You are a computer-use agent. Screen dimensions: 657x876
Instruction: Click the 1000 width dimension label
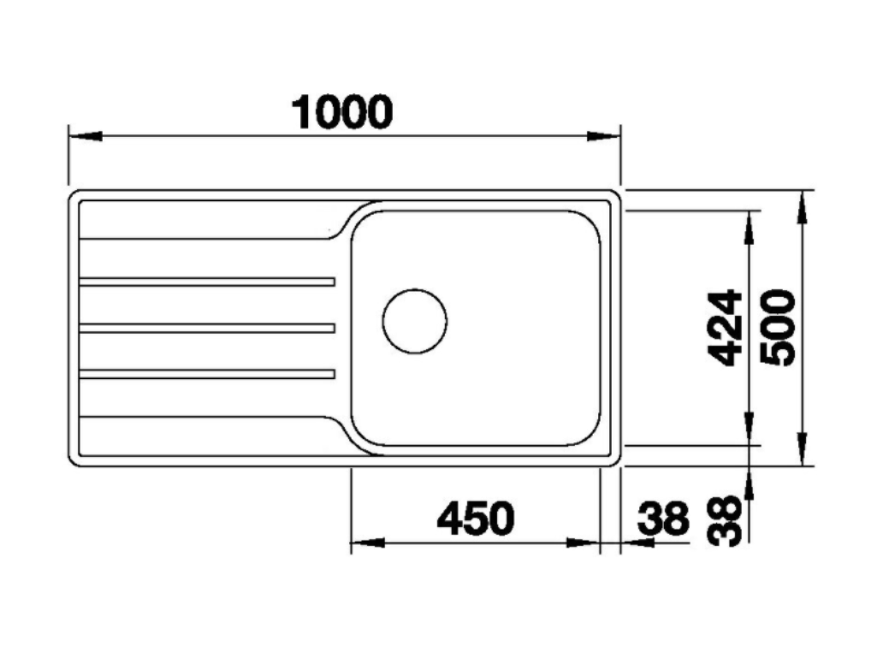[x=342, y=112]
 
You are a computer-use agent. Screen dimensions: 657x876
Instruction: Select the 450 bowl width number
[x=476, y=518]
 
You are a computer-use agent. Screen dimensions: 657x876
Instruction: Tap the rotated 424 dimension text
[x=726, y=328]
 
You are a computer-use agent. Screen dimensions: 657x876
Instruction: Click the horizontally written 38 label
[x=663, y=518]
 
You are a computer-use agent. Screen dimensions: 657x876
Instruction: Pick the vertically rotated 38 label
[x=726, y=522]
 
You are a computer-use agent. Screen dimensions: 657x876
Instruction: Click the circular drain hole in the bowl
[x=414, y=319]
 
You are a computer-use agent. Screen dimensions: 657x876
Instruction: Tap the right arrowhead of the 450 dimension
[x=583, y=543]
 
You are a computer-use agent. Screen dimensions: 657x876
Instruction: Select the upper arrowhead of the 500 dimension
[x=802, y=205]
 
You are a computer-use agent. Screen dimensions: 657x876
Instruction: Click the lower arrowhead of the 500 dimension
[x=802, y=448]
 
